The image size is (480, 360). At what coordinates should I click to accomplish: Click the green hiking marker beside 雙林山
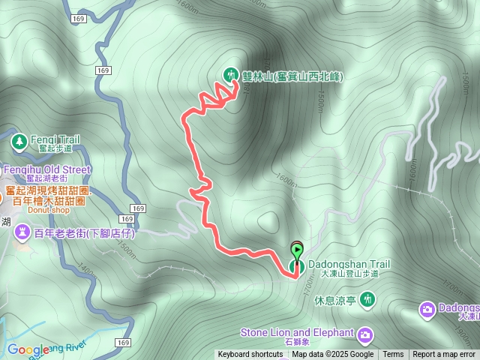(229, 73)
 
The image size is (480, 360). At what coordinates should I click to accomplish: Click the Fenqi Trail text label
(53, 139)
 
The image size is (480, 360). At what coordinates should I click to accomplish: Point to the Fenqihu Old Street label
(46, 169)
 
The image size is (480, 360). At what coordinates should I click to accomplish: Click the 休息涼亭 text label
(334, 301)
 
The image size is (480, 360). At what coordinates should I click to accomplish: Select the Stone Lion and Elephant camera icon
(365, 334)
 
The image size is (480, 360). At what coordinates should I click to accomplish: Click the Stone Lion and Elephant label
(297, 333)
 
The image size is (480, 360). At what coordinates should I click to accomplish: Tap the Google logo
(28, 349)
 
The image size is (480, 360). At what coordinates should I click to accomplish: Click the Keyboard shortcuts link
(250, 355)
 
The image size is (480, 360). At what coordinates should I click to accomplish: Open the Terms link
(393, 355)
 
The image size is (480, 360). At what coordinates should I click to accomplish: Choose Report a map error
(444, 355)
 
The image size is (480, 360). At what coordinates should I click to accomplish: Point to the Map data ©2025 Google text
(333, 355)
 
